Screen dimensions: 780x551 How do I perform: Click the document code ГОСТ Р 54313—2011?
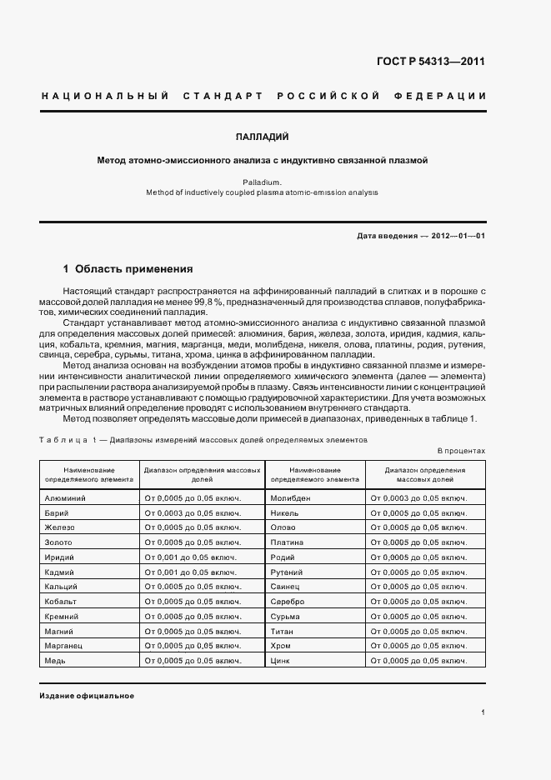click(x=430, y=62)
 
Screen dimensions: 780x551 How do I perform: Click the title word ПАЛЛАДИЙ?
click(x=263, y=136)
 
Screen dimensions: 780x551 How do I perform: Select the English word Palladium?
click(x=262, y=181)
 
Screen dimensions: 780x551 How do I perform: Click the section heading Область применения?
click(x=133, y=269)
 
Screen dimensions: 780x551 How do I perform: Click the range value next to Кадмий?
click(x=191, y=572)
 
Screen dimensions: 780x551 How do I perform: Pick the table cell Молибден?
click(x=291, y=498)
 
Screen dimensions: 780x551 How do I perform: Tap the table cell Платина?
click(x=288, y=542)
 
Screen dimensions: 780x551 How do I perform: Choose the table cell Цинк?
click(x=279, y=660)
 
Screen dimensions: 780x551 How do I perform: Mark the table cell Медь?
click(x=55, y=660)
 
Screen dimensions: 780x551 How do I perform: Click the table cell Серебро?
click(x=288, y=601)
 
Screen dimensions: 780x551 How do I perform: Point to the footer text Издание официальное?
click(x=87, y=696)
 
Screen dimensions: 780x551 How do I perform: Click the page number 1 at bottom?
click(x=483, y=712)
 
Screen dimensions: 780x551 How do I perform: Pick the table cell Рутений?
click(x=288, y=572)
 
